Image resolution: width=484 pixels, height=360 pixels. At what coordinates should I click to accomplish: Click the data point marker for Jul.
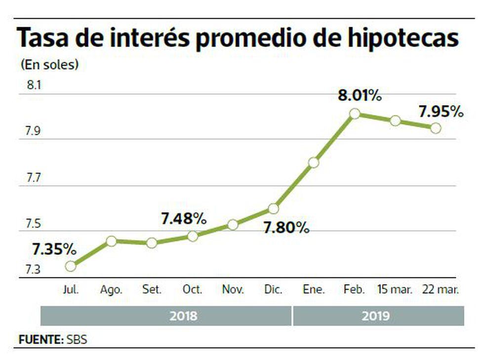click(x=71, y=266)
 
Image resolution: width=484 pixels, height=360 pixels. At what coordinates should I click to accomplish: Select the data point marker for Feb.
click(x=354, y=114)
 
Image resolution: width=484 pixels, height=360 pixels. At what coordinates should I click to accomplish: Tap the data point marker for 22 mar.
click(x=435, y=128)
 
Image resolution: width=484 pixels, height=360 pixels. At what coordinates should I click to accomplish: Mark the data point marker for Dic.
click(x=273, y=208)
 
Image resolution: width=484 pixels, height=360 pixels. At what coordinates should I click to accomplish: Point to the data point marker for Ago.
click(x=111, y=241)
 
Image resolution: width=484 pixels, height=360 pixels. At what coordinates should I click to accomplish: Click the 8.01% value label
click(x=360, y=96)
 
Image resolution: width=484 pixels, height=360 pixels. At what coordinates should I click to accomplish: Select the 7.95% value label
click(x=441, y=112)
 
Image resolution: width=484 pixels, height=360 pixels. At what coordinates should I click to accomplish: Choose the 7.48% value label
click(x=184, y=219)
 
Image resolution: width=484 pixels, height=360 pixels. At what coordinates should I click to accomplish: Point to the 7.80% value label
click(x=287, y=228)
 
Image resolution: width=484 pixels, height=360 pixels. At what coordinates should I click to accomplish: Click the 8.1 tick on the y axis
click(x=34, y=85)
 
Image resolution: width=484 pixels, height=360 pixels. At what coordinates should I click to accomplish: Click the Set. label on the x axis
click(x=152, y=290)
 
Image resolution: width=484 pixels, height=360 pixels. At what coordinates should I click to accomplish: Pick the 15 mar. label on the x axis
click(x=395, y=290)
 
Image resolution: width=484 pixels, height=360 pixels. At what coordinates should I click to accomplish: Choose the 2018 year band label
click(x=183, y=316)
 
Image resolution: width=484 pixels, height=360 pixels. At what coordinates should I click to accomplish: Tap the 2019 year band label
click(x=376, y=316)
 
